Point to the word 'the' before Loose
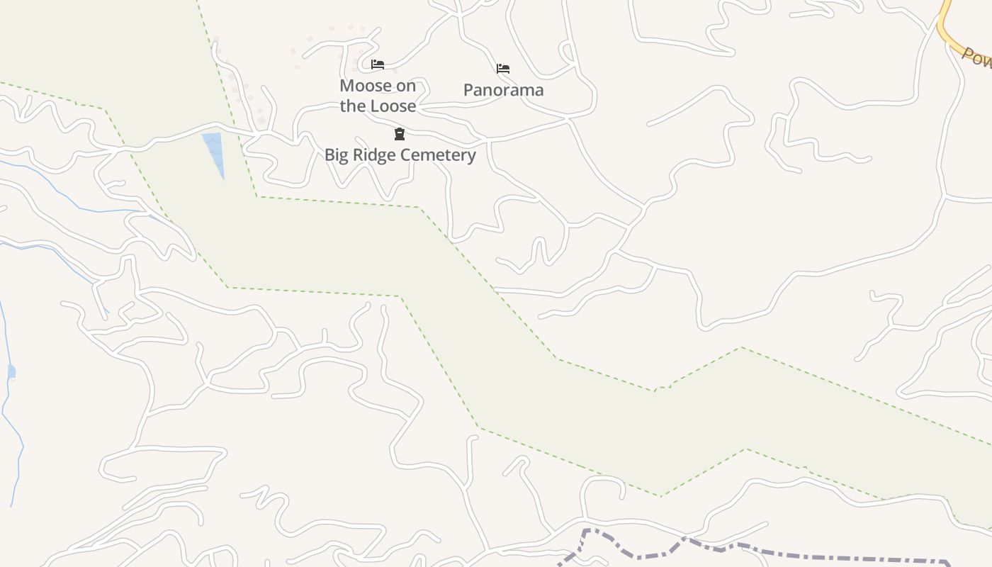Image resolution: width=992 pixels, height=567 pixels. coord(351,106)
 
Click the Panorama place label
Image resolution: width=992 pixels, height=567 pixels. coord(503,90)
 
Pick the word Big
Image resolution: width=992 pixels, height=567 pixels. coord(337,155)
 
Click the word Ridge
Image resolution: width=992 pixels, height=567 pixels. coord(373,155)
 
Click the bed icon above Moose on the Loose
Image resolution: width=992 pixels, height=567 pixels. coord(378,64)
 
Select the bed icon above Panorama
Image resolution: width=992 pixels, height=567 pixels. coord(503,69)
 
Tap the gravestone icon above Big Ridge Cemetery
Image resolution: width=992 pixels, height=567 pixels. coord(400,134)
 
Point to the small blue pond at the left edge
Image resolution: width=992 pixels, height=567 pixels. coord(11,372)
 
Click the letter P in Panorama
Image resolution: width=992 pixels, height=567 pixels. coord(468,90)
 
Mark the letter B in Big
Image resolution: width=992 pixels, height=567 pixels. coord(329,155)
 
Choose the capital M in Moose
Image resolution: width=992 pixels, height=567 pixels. coord(346,86)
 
